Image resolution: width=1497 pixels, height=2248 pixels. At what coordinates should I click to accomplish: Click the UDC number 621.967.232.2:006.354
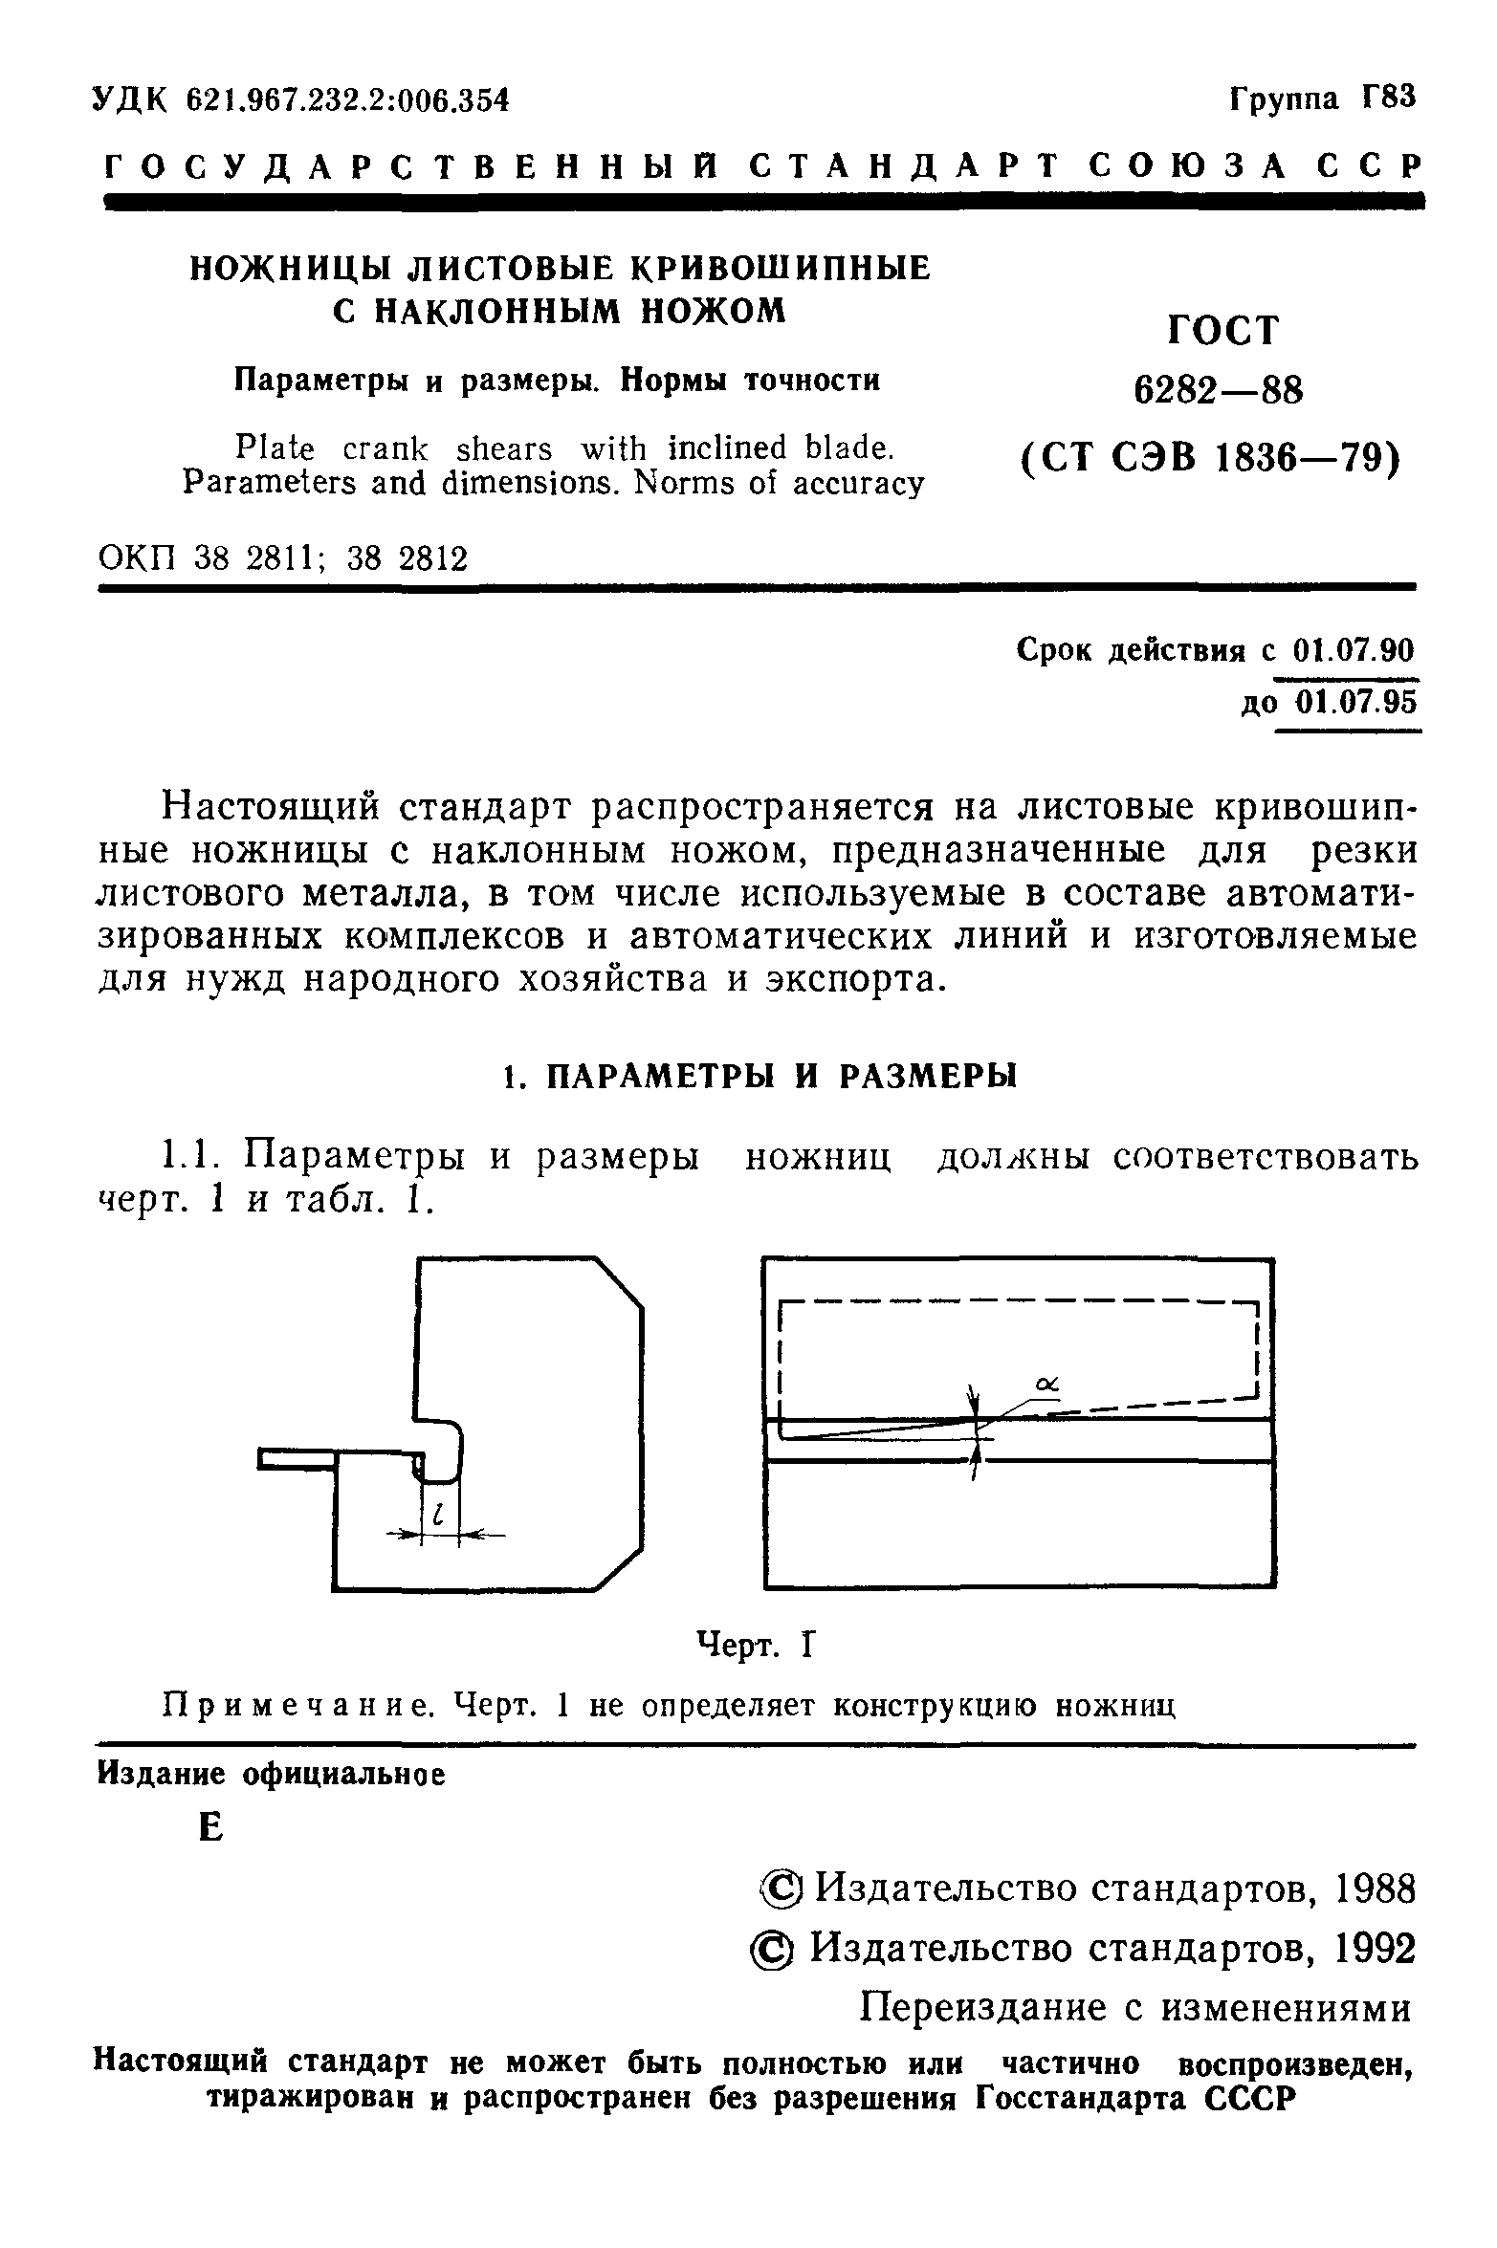tap(347, 99)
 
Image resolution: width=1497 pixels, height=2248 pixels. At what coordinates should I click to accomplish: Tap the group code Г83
tap(1387, 98)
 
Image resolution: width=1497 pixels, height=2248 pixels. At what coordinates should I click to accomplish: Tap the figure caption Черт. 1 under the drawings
tap(755, 1645)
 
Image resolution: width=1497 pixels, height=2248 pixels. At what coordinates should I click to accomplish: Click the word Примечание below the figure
tap(296, 1705)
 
